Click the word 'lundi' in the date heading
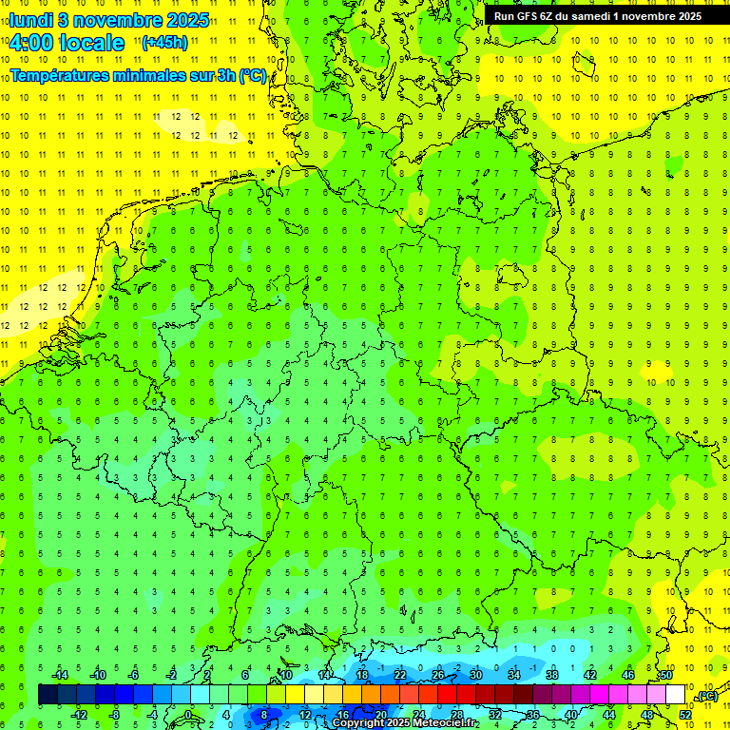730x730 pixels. coord(30,20)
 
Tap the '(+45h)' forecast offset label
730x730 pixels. coord(164,43)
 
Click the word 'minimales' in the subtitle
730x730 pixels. coord(151,76)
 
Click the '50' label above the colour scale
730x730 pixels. coord(666,675)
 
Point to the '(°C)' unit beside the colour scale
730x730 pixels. coord(707,697)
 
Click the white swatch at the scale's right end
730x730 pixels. coord(675,695)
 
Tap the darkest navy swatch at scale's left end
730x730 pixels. coord(48,695)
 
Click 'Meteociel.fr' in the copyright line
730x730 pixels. coord(446,723)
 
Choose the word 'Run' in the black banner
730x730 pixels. coord(505,16)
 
